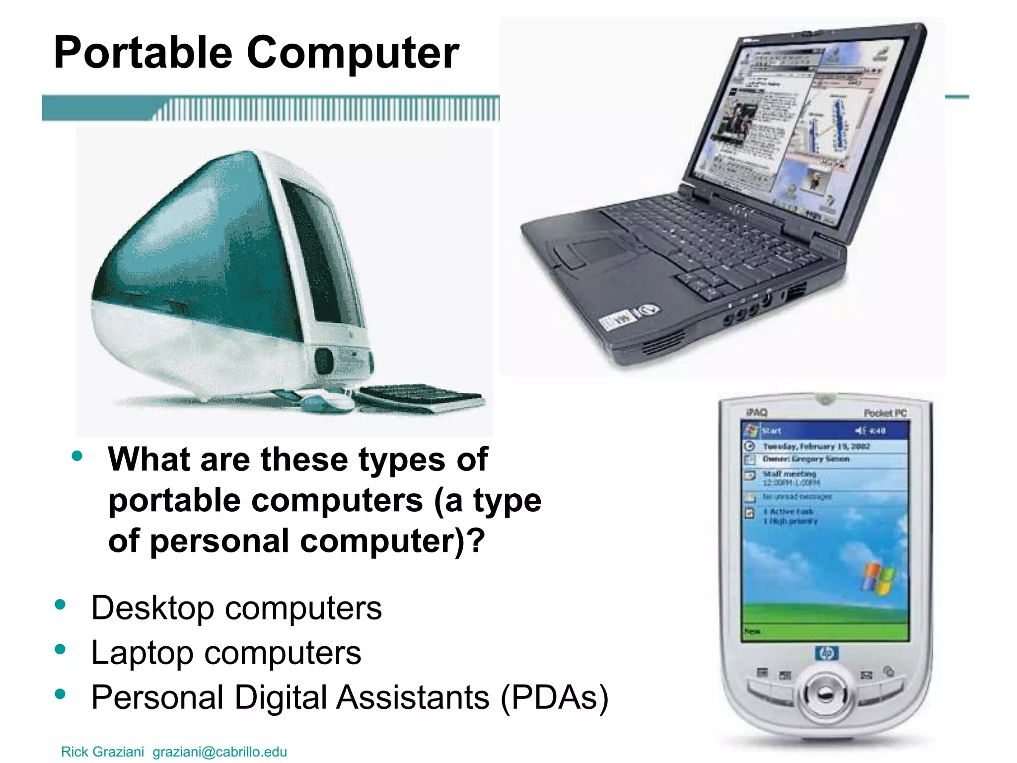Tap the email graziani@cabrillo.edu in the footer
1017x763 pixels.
coord(219,752)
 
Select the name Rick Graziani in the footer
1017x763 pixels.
coord(102,752)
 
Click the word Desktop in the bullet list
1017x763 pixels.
coord(152,608)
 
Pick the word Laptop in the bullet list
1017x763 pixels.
coord(142,653)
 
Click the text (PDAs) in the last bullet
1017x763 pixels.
coord(554,697)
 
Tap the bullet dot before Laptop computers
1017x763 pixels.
coord(61,649)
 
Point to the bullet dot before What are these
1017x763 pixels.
coord(77,456)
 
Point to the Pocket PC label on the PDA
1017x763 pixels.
coord(885,413)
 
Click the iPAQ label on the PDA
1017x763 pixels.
coord(756,412)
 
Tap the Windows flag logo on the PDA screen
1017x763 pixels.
coord(879,578)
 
